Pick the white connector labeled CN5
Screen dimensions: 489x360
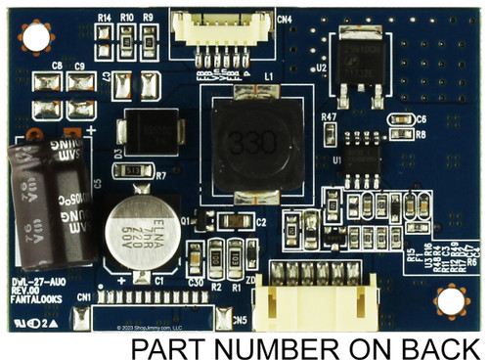(319, 291)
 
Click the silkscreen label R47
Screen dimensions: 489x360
(329, 117)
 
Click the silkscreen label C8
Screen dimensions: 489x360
(57, 67)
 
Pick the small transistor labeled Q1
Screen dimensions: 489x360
(203, 218)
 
